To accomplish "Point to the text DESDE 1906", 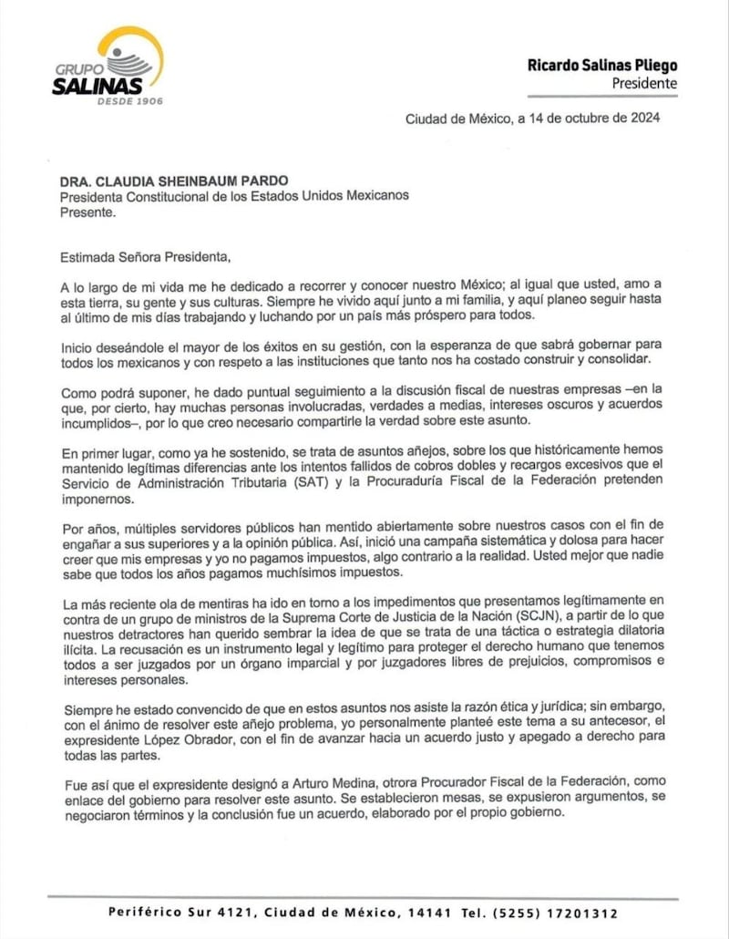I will [130, 100].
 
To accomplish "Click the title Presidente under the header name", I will [644, 84].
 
